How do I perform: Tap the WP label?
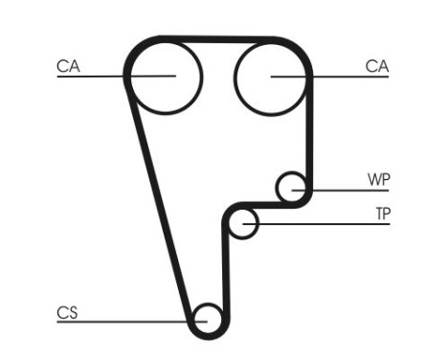pyautogui.click(x=379, y=180)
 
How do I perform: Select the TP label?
pyautogui.click(x=382, y=214)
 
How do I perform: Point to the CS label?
pyautogui.click(x=67, y=311)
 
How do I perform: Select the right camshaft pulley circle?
pyautogui.click(x=271, y=76)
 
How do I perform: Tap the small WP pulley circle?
pyautogui.click(x=291, y=188)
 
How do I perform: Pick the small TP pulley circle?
pyautogui.click(x=245, y=223)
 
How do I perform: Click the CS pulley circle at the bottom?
pyautogui.click(x=207, y=318)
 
